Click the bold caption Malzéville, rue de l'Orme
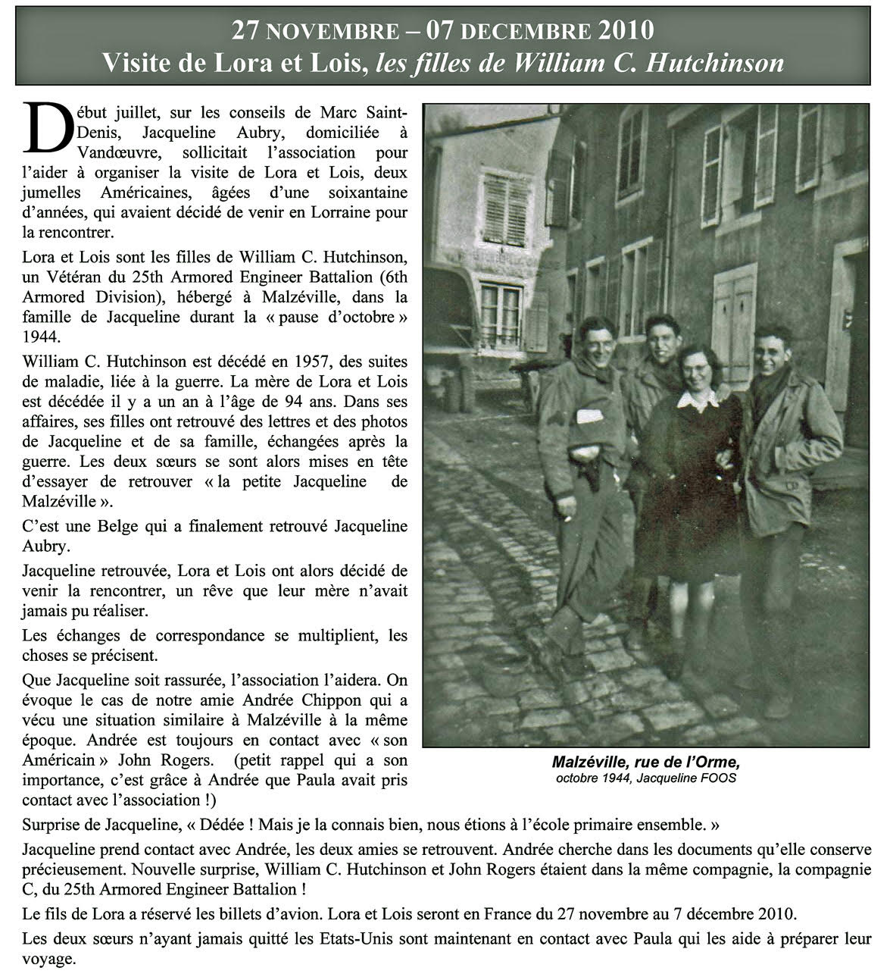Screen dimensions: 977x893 (x=644, y=762)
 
